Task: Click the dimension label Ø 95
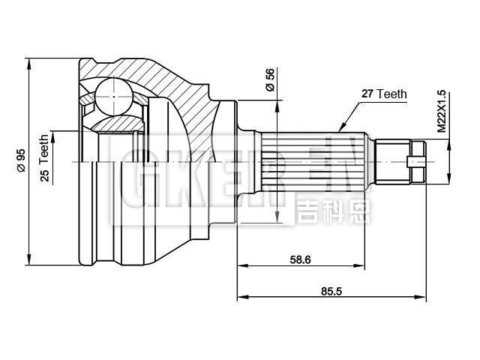point(21,161)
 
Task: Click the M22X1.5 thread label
point(442,112)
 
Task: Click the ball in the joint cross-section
point(112,96)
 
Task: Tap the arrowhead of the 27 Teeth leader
point(341,128)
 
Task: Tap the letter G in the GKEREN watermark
point(133,177)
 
